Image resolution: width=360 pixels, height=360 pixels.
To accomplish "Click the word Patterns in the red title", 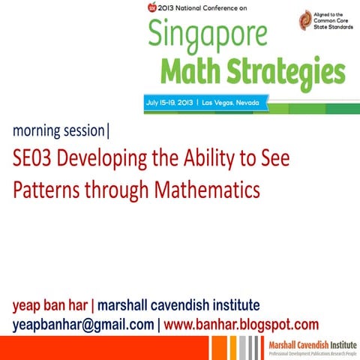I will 46,190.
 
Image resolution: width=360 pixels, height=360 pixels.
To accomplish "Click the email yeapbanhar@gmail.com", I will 82,325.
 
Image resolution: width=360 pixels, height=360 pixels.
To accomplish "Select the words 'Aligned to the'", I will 331,14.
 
